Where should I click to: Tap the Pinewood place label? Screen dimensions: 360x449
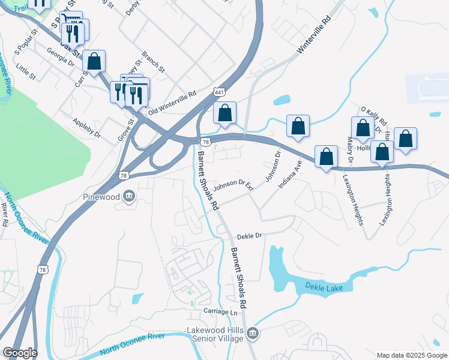click(x=101, y=196)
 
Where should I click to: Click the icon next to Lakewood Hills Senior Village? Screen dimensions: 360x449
click(x=253, y=333)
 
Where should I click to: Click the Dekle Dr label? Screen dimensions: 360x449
click(x=250, y=236)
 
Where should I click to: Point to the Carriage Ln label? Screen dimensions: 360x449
click(x=221, y=312)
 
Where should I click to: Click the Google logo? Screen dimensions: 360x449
click(x=20, y=353)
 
